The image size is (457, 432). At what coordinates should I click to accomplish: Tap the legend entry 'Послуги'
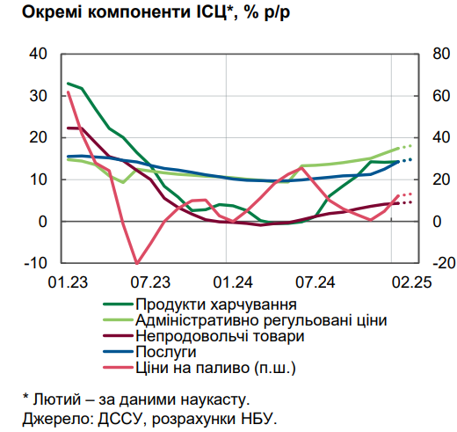(160, 351)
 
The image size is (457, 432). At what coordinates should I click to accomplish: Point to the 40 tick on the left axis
(38, 54)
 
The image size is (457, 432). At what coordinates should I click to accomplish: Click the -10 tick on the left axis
(34, 263)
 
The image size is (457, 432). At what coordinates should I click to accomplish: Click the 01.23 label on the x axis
(68, 282)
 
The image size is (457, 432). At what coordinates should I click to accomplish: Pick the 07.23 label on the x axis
(150, 282)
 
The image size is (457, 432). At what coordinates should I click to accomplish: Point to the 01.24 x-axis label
(234, 282)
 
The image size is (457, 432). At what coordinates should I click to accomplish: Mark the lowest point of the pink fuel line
(136, 263)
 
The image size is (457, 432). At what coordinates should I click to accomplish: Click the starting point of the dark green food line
(68, 84)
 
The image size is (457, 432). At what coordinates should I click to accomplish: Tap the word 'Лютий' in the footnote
(55, 399)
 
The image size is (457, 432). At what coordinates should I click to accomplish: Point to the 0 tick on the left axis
(42, 222)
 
